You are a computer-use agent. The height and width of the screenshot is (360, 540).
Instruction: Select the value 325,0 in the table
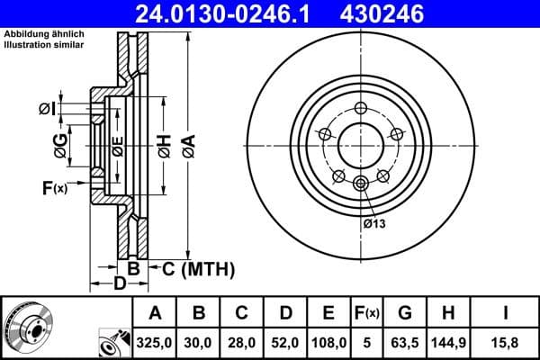tap(155, 342)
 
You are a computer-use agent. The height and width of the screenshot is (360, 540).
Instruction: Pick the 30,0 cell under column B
tap(198, 342)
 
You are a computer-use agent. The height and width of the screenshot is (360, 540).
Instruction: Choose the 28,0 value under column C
tap(241, 342)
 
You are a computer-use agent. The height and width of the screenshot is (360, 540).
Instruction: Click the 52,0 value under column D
tap(284, 342)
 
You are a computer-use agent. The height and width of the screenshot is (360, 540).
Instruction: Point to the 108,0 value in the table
tap(328, 342)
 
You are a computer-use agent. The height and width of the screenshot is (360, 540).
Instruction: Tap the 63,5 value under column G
tap(406, 342)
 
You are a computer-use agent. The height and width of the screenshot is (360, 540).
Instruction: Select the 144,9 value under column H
tap(450, 342)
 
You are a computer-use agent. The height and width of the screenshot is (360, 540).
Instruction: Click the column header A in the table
tap(155, 313)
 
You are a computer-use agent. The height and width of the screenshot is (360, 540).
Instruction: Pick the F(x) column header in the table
tap(366, 313)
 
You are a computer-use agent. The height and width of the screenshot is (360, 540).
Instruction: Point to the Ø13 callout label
tap(374, 223)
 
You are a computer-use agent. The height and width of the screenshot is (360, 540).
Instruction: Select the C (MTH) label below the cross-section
tap(198, 268)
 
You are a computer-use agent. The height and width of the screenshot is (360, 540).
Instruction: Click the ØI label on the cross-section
tap(47, 109)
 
